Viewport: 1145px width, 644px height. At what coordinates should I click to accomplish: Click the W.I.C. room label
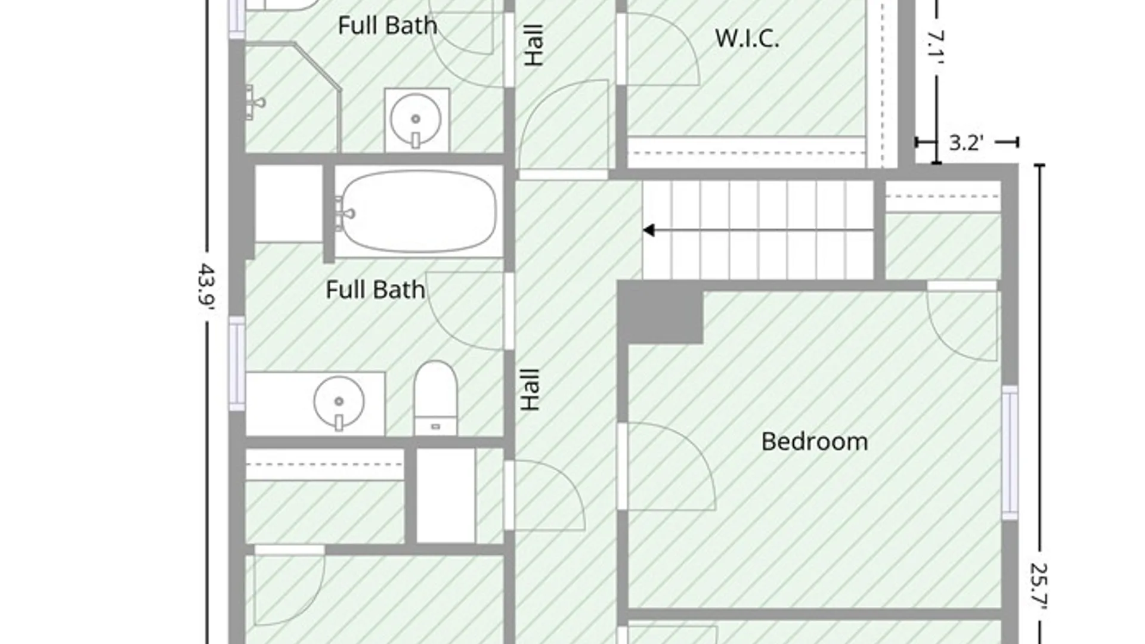point(747,39)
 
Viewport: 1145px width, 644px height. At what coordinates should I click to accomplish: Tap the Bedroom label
point(815,442)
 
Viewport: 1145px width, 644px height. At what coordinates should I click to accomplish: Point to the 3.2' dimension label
point(966,143)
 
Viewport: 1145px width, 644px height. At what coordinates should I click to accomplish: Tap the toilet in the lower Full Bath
point(436,398)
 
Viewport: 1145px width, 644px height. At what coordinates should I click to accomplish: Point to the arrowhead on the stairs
point(649,230)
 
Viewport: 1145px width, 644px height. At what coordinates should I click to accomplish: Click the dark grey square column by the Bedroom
point(661,312)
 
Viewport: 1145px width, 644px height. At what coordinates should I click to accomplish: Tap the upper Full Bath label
point(388,26)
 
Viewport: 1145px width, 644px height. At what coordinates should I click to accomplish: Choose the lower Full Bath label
point(376,290)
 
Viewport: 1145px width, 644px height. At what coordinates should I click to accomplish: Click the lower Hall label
point(530,389)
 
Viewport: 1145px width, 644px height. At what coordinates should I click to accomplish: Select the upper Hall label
point(534,45)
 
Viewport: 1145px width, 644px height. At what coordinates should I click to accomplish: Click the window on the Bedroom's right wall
point(1010,453)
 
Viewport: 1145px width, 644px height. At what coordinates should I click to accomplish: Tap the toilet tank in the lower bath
point(436,426)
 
